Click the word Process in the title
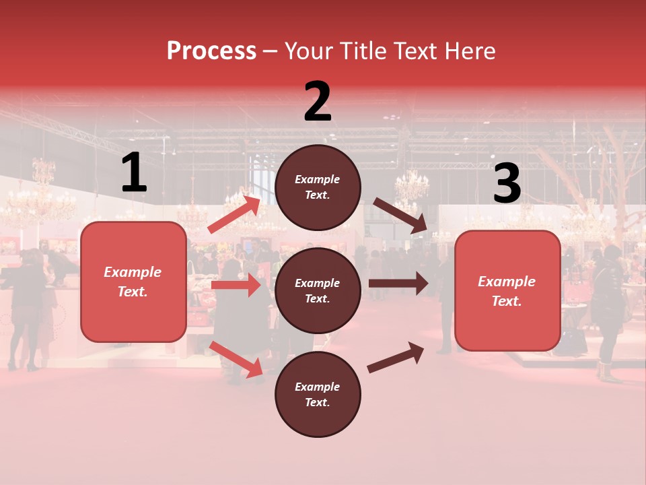coord(211,51)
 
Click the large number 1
coord(134,173)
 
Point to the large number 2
coord(318,102)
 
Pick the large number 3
coord(507,183)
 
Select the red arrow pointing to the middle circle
coord(236,286)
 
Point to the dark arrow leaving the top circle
coord(400,216)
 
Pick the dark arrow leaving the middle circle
coord(398,284)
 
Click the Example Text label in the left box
coord(133,282)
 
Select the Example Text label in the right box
coord(507,291)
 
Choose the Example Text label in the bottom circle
coord(318,394)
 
